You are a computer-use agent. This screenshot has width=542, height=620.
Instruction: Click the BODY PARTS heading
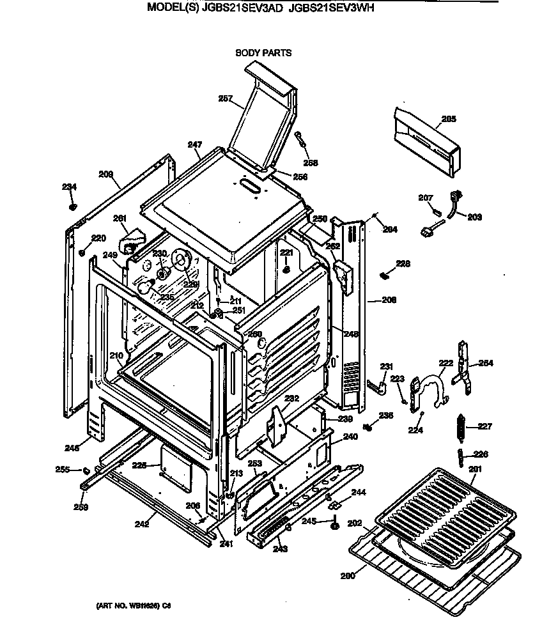(263, 53)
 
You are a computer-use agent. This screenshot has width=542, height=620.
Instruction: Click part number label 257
(225, 98)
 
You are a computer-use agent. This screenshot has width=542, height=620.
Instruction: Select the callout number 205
(449, 118)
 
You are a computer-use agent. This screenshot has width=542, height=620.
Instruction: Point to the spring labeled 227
(458, 425)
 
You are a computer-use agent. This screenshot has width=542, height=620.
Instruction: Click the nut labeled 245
(334, 526)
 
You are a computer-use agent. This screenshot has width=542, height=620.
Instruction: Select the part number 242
(142, 524)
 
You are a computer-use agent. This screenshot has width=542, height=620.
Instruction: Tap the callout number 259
(80, 508)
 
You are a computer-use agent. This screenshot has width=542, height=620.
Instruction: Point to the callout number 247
(195, 145)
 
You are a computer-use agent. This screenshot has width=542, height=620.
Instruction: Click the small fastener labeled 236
(369, 427)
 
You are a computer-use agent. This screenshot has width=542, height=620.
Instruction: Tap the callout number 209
(105, 173)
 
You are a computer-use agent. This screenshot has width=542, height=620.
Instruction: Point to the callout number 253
(254, 463)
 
